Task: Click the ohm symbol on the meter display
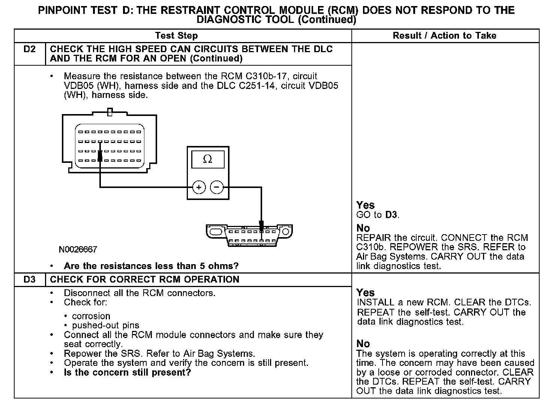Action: [x=207, y=159]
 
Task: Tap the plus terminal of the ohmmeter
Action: [x=199, y=187]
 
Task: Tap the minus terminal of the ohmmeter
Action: [x=217, y=187]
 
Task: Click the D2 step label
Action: [x=29, y=49]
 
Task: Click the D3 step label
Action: [x=29, y=280]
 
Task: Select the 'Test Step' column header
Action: [x=176, y=36]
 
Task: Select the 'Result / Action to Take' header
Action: [x=444, y=36]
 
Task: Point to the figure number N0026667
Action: [x=78, y=250]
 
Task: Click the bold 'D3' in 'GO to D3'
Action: [x=391, y=215]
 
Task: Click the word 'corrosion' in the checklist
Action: [x=91, y=316]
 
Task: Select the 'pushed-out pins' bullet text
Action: [x=105, y=325]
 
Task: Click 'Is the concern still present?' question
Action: [x=127, y=373]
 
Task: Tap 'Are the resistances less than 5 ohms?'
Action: [x=151, y=266]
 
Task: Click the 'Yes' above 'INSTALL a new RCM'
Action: [x=366, y=293]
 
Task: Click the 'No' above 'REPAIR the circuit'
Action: [x=363, y=228]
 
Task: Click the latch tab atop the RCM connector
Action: [x=109, y=112]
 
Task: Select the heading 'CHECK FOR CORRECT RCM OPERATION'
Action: [x=144, y=280]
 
